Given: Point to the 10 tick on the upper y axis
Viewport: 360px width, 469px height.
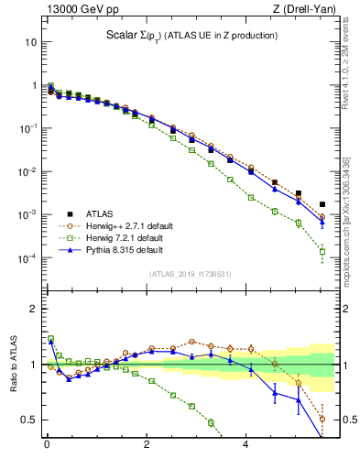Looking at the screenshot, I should [30, 42].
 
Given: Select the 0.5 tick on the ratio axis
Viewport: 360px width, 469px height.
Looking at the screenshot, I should [28, 420].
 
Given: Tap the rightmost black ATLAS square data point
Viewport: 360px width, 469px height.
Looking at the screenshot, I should [322, 204].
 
